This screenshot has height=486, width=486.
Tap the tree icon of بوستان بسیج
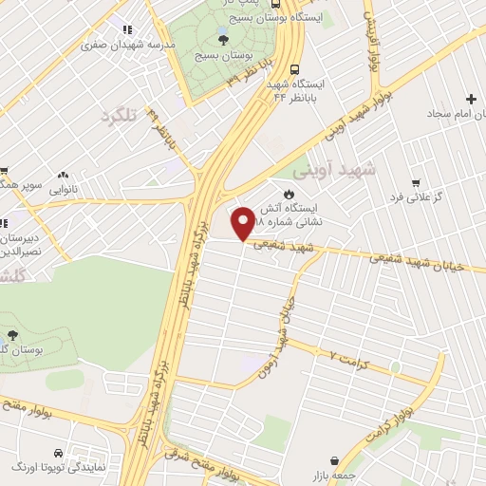click(x=223, y=38)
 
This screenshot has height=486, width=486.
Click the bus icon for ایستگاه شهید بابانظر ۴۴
click(x=294, y=69)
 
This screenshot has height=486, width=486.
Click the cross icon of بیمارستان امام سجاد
click(x=471, y=100)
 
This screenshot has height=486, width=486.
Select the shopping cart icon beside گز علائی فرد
click(x=414, y=182)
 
